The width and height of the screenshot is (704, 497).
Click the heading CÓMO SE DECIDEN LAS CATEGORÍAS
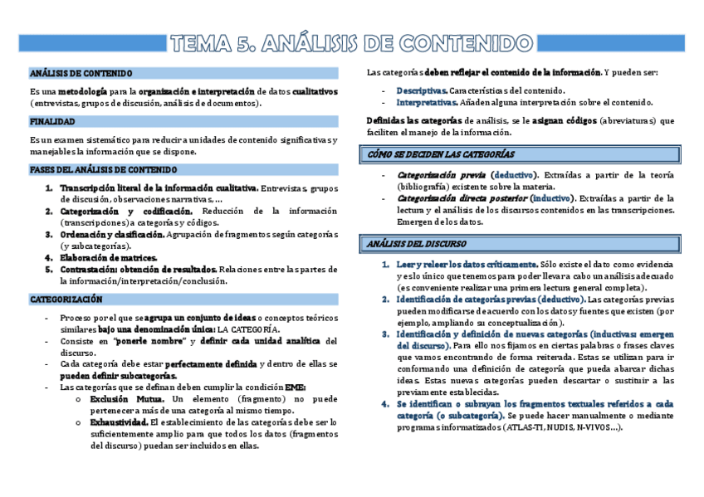coord(441,154)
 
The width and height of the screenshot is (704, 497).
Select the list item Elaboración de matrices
coord(108,258)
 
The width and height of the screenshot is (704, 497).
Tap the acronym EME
coord(296,387)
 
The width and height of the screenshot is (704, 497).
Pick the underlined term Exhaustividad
coord(119,422)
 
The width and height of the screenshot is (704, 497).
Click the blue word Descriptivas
coord(422,90)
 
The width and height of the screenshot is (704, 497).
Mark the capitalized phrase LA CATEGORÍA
coord(249,329)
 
